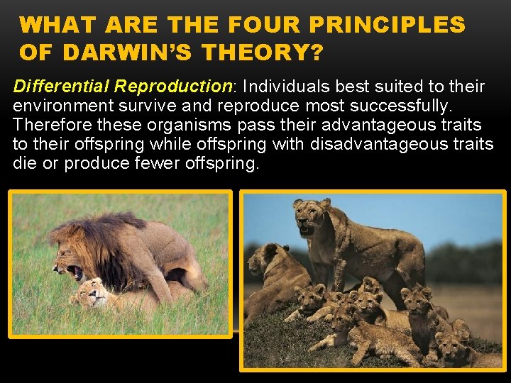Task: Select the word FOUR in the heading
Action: [262, 25]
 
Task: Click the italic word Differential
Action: [62, 87]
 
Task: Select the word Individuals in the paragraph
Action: [290, 87]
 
